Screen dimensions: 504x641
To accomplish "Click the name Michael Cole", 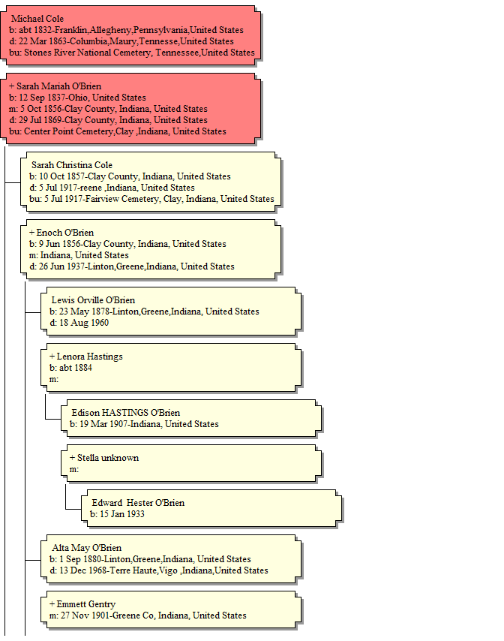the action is click(x=37, y=19).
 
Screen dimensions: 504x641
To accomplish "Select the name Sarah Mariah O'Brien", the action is click(x=58, y=86).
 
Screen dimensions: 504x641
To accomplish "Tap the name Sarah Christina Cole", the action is click(x=72, y=165).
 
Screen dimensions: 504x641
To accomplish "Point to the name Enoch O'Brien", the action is click(x=65, y=233).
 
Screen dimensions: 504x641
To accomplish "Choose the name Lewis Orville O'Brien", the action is click(x=93, y=300).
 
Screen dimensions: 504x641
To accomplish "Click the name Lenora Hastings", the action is click(x=89, y=357).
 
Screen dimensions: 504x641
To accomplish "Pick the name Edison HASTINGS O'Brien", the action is click(x=126, y=413).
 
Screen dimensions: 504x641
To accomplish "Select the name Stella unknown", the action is click(x=108, y=458).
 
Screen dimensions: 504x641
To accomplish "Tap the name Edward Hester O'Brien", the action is click(x=138, y=503).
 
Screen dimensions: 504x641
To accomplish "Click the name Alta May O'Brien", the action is click(x=86, y=548).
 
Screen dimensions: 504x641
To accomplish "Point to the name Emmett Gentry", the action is click(x=85, y=604).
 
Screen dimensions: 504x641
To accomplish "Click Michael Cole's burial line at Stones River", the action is click(x=132, y=53).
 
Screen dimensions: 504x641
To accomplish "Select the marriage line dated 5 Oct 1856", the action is click(x=108, y=109).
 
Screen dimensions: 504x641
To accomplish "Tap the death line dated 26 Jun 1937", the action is click(x=132, y=266).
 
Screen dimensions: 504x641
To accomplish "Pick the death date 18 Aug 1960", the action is click(x=84, y=323).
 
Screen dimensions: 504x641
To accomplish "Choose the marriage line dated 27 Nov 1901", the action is click(x=148, y=615).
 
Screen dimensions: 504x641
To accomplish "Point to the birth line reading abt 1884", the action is click(x=70, y=368).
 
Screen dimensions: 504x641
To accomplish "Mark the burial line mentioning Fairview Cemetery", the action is click(x=152, y=199).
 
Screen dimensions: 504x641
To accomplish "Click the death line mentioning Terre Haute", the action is click(x=159, y=570).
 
